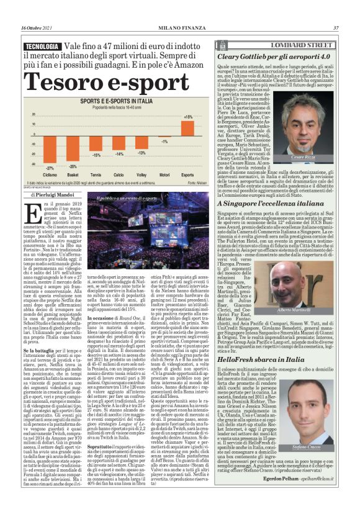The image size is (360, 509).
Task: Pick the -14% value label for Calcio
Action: coord(119,153)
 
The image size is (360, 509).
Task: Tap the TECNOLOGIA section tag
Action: coord(43,47)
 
